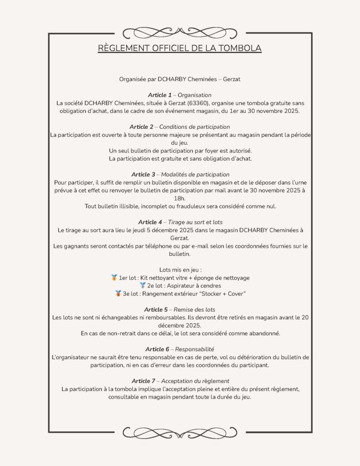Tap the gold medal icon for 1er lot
tap(114, 278)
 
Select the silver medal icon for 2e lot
tap(142, 286)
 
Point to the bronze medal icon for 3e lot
tap(118, 294)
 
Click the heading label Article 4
tap(151, 222)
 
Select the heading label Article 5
tap(157, 309)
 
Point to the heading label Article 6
tap(158, 349)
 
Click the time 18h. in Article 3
tap(180, 198)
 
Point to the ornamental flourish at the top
tap(180, 33)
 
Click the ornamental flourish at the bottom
tap(180, 432)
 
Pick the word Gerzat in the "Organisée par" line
tap(232, 79)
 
